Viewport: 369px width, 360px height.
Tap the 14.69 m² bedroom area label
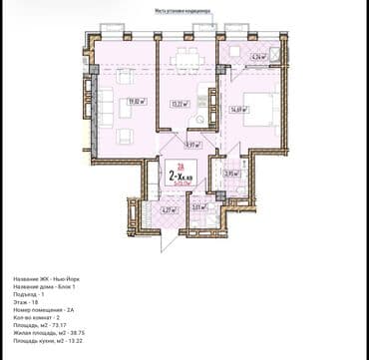coord(238,111)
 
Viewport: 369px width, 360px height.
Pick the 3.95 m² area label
coord(228,174)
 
